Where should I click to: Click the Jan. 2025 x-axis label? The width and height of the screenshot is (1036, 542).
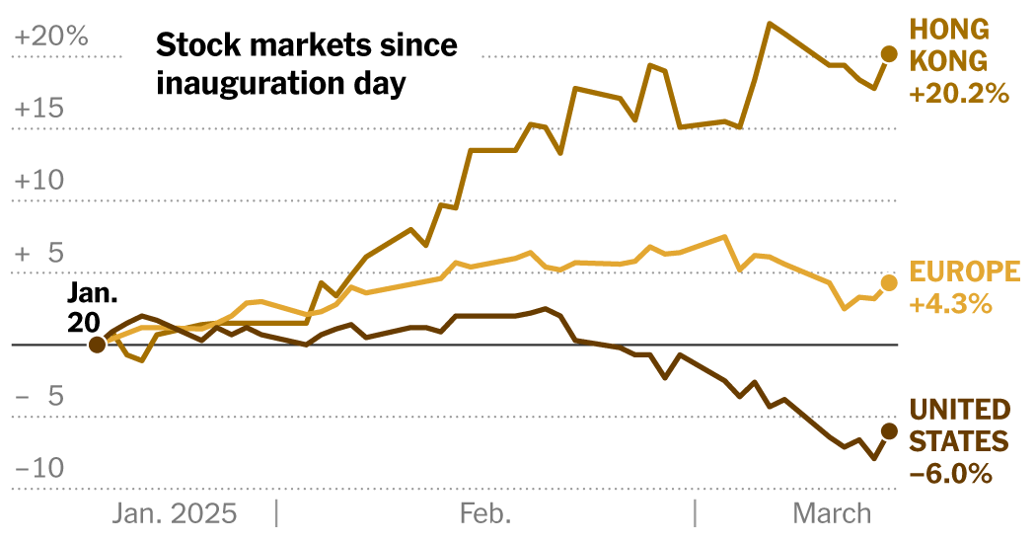click(x=174, y=513)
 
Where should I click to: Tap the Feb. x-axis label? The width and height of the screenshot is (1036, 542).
click(x=485, y=513)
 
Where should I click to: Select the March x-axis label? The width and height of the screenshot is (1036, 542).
click(x=832, y=513)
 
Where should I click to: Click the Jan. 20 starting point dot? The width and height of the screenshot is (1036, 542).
click(x=97, y=345)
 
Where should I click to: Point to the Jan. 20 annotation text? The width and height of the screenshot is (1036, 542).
click(x=93, y=307)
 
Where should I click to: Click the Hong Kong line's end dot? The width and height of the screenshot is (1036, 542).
click(x=888, y=54)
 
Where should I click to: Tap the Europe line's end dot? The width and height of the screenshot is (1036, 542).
click(x=888, y=283)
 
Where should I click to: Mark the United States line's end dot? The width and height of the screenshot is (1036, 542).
click(x=888, y=430)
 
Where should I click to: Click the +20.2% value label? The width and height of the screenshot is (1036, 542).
click(x=959, y=95)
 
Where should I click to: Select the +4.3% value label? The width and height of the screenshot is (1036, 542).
click(x=949, y=304)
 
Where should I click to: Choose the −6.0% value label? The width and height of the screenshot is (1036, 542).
click(x=949, y=474)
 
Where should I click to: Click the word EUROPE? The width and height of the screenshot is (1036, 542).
click(x=963, y=272)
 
